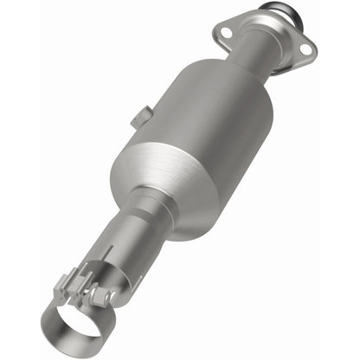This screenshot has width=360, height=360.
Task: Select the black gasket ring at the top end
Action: pyautogui.click(x=278, y=11)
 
